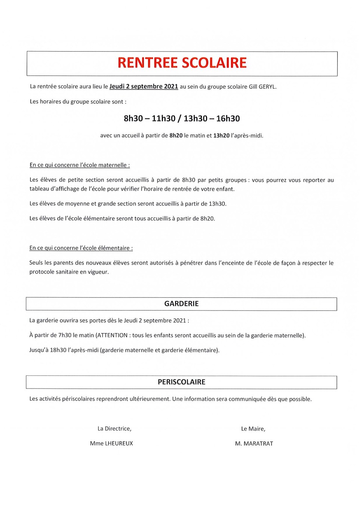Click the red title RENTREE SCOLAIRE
click(x=182, y=63)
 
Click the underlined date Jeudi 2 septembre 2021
click(x=144, y=86)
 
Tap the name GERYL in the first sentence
click(x=267, y=87)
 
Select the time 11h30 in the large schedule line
click(x=163, y=118)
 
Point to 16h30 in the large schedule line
click(x=228, y=118)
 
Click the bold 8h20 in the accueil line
click(x=176, y=136)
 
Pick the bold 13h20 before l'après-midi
click(x=221, y=136)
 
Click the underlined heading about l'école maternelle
click(x=80, y=165)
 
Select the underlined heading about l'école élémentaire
click(x=81, y=248)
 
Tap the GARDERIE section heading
click(x=181, y=304)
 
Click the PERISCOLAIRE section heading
click(x=181, y=382)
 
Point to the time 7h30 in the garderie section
click(x=65, y=336)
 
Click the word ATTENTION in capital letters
click(x=112, y=336)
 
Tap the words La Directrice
click(x=114, y=429)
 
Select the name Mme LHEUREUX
click(x=111, y=443)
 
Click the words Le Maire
click(x=253, y=429)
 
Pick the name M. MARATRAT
click(x=254, y=443)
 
